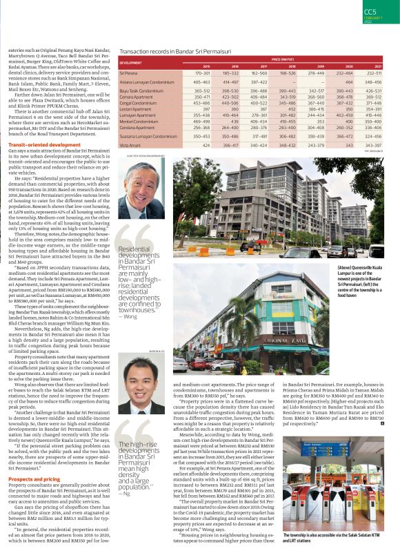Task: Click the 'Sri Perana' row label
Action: tap(129, 73)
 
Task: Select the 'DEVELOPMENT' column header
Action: tap(131, 62)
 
